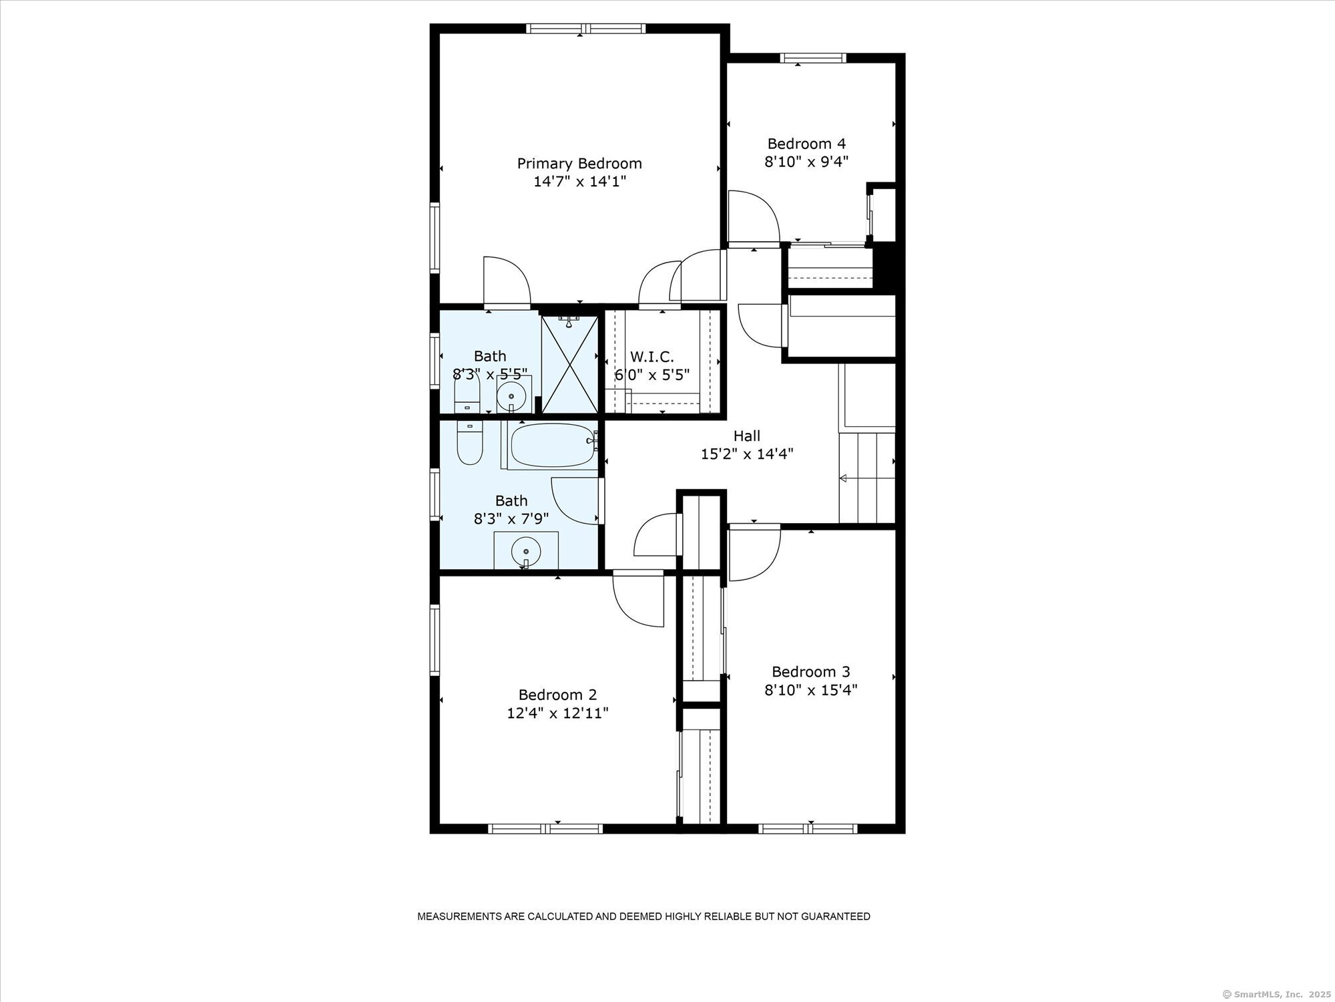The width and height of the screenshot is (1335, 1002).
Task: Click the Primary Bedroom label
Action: (579, 164)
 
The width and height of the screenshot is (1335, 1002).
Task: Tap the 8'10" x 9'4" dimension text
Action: (806, 161)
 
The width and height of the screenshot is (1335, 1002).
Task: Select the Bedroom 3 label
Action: (811, 671)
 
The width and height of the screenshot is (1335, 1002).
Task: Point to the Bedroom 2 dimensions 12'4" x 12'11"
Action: (557, 713)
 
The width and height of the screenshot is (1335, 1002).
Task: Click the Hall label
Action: (747, 436)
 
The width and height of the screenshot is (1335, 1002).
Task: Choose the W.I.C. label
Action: (652, 357)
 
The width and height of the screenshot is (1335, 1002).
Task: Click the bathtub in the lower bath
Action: (553, 446)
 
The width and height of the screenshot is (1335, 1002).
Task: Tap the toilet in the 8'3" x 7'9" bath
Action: (470, 442)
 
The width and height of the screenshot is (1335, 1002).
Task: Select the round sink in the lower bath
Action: (526, 552)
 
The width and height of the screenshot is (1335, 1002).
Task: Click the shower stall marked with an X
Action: (569, 364)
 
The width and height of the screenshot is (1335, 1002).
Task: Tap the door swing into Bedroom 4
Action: (754, 218)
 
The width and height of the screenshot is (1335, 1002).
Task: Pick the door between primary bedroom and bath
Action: (507, 283)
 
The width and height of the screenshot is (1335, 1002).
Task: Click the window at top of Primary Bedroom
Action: (585, 29)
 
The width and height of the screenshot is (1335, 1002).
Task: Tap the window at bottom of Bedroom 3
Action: (808, 828)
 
